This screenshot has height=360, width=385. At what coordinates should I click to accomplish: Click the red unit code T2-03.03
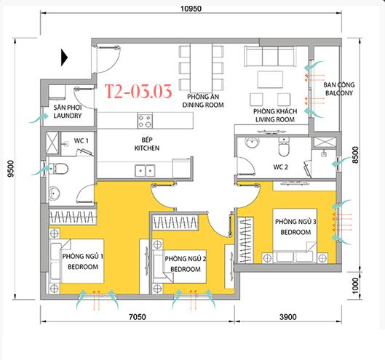[138, 92]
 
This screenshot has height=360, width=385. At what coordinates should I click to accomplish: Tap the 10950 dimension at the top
[191, 9]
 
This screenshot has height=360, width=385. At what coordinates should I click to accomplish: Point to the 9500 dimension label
[11, 169]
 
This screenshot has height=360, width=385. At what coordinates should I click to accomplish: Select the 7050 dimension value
[138, 317]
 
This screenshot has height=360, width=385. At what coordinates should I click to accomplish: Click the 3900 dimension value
[287, 317]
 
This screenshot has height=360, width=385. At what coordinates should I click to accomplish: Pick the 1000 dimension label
[355, 286]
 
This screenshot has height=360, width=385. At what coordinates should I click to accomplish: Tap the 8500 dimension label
[355, 155]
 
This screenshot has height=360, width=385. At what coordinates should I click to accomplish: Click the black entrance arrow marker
[64, 57]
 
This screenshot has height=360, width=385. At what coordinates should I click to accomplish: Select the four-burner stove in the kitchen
[145, 121]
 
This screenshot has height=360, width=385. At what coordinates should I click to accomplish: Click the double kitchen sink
[145, 171]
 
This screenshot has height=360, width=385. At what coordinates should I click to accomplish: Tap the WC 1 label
[81, 141]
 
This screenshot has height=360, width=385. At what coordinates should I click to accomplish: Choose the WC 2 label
[280, 167]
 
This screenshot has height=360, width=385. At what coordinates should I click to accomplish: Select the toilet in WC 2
[284, 146]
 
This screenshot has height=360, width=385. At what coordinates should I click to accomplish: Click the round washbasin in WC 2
[252, 143]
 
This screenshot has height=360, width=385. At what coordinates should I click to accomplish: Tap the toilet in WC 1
[59, 169]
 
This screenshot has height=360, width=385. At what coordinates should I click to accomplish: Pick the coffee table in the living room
[270, 79]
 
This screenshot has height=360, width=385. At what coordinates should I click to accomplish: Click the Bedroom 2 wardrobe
[175, 223]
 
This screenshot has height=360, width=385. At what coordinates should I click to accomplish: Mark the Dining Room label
[203, 101]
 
